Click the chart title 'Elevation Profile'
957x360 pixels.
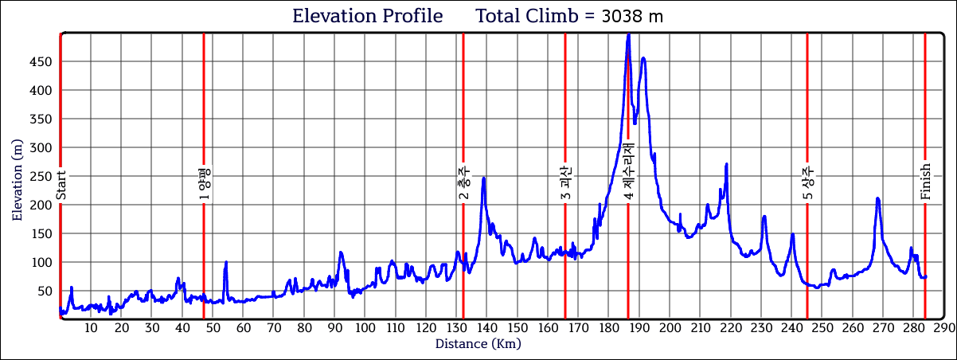367,16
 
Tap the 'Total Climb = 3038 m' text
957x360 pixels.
569,16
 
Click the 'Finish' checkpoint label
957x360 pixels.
925,182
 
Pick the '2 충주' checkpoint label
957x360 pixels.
463,182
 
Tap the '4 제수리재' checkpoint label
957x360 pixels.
628,173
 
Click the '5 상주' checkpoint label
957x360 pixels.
807,182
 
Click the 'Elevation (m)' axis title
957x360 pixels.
18,177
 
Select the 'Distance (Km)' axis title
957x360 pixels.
478,344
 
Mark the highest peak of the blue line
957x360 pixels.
629,34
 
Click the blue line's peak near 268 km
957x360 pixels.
877,198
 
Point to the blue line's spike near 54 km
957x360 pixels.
226,262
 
